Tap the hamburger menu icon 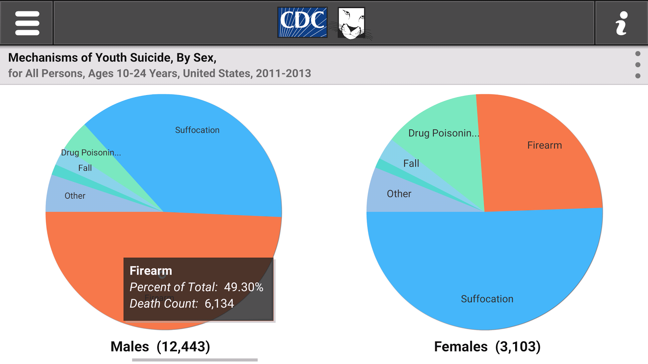pyautogui.click(x=27, y=23)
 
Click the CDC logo pyautogui.click(x=303, y=23)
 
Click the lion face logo pyautogui.click(x=351, y=23)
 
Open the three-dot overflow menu pyautogui.click(x=637, y=65)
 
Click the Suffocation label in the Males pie pyautogui.click(x=197, y=130)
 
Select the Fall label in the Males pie pyautogui.click(x=85, y=168)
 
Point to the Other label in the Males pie pyautogui.click(x=75, y=196)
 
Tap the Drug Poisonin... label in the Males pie pyautogui.click(x=91, y=153)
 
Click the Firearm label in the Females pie pyautogui.click(x=544, y=146)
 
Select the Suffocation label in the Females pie pyautogui.click(x=487, y=299)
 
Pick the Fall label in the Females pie pyautogui.click(x=411, y=164)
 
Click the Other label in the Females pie pyautogui.click(x=399, y=194)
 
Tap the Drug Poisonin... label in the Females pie pyautogui.click(x=443, y=133)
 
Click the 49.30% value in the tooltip pyautogui.click(x=243, y=287)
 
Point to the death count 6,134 pyautogui.click(x=219, y=304)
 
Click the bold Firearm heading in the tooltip pyautogui.click(x=151, y=271)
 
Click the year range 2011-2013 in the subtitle pyautogui.click(x=283, y=74)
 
